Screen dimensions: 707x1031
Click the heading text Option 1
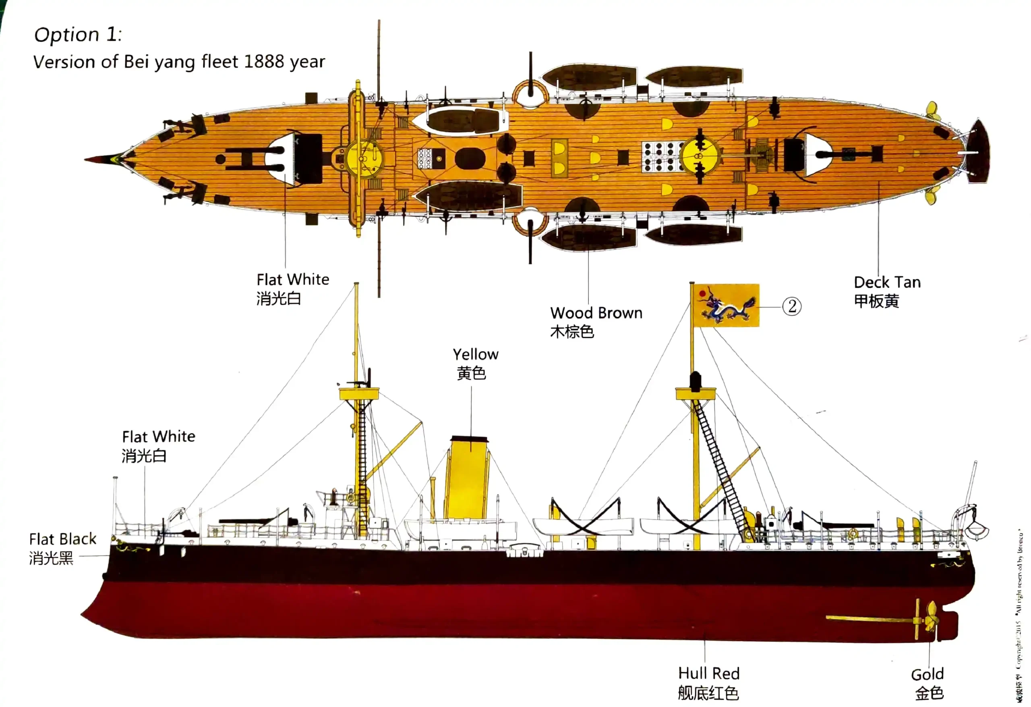coord(78,35)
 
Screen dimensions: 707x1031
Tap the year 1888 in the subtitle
coord(263,61)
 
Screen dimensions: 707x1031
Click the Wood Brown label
coord(596,313)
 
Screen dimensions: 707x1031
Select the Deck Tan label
coord(887,283)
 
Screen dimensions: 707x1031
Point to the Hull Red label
coord(708,673)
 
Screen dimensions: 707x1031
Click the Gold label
coord(927,675)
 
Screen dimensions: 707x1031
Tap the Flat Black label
coord(62,539)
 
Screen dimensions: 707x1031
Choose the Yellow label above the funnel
coord(476,354)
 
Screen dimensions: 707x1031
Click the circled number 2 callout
coord(791,306)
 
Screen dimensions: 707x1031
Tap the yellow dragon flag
coord(726,306)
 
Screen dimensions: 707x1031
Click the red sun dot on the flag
coord(702,293)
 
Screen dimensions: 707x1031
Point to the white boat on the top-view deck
coord(462,119)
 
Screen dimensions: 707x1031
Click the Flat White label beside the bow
coord(158,437)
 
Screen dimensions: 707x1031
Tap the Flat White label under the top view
coord(293,280)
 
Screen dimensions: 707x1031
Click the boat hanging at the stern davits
coord(976,530)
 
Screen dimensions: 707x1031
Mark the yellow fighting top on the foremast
coord(359,393)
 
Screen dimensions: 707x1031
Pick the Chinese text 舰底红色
coord(708,693)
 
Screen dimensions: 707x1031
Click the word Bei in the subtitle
coord(136,61)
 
